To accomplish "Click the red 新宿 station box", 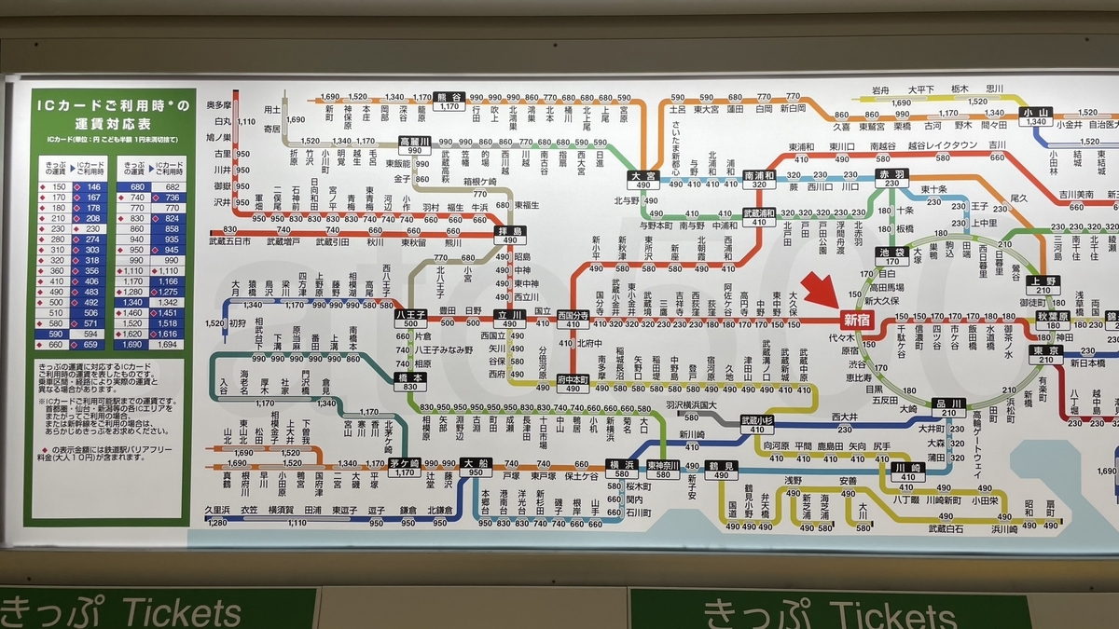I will pos(857,319).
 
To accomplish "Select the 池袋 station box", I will pos(891,257).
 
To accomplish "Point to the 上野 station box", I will pos(1043,286).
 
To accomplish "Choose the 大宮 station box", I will pos(643,180).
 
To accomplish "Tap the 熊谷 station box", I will pos(449,102).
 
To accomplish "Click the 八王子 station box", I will pos(410,319).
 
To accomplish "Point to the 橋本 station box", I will pos(410,382).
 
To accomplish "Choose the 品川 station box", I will pos(948,407).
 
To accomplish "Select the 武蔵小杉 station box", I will pos(757,425).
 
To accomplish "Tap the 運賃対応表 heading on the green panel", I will pos(111,123).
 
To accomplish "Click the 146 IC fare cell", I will pos(93,187).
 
